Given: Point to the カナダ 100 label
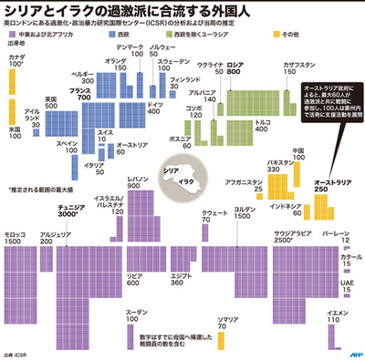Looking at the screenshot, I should coord(16,62).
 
